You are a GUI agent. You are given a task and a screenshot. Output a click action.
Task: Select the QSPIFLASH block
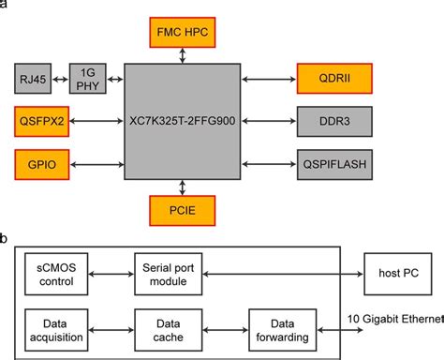pyautogui.click(x=333, y=164)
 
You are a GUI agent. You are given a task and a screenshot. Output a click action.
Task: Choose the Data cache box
pyautogui.click(x=162, y=327)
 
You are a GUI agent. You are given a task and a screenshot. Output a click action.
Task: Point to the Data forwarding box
pyautogui.click(x=277, y=327)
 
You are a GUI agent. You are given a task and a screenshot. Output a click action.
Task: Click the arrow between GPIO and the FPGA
pyautogui.click(x=96, y=164)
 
